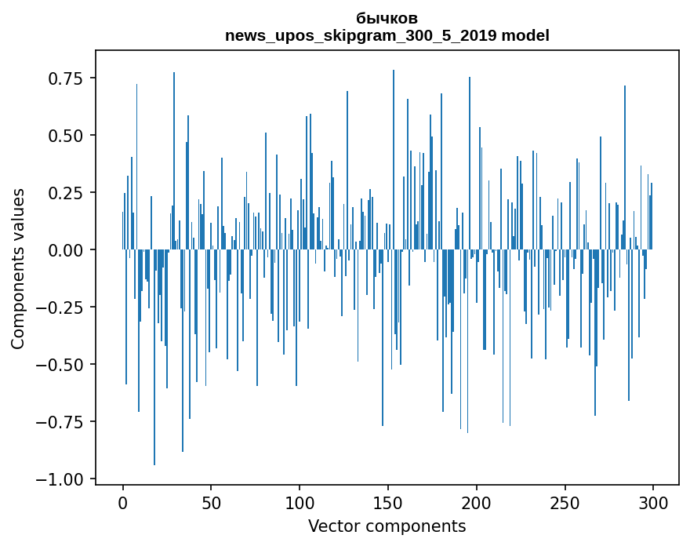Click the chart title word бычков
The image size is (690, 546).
click(387, 18)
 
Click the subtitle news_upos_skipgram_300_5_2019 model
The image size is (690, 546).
click(387, 35)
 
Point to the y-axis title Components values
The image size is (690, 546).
click(17, 268)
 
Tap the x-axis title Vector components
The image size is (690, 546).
click(387, 526)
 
